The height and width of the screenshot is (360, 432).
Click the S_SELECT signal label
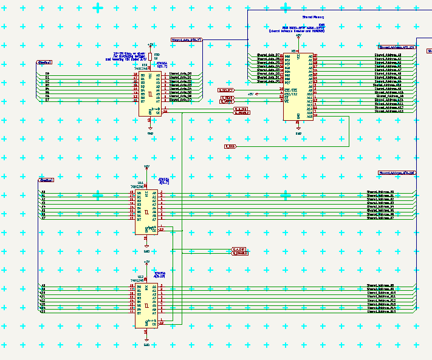tap(226, 90)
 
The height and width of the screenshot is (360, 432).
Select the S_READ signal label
tap(227, 97)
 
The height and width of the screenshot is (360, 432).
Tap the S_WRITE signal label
tap(227, 101)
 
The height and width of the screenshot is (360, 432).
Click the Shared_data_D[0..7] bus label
tap(187, 40)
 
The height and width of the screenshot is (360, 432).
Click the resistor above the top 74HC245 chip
tap(150, 57)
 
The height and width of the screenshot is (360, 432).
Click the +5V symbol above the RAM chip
tap(298, 38)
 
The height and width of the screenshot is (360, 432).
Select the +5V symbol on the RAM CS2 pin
tap(256, 94)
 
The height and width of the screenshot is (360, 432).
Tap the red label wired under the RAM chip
tap(230, 146)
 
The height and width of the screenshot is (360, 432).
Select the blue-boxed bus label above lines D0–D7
tap(45, 63)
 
